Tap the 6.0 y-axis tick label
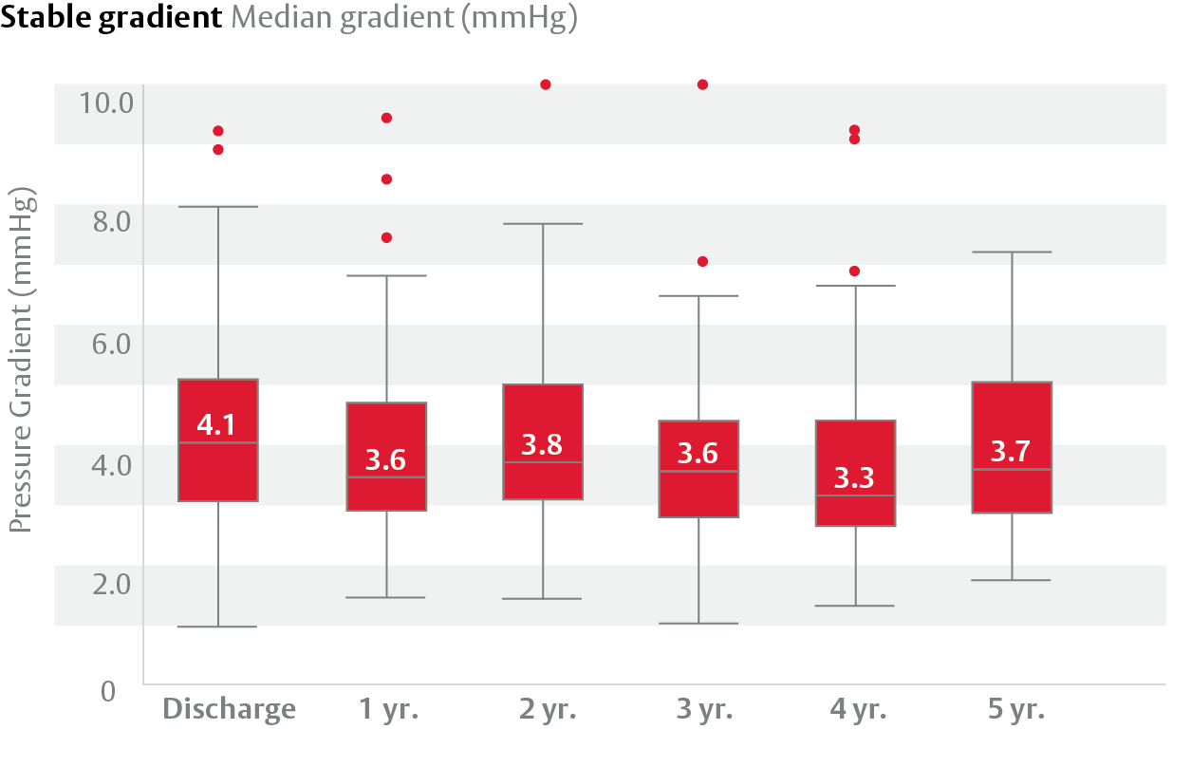click(x=111, y=343)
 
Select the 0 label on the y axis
click(x=108, y=690)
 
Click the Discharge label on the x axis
click(x=229, y=709)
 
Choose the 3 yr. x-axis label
click(x=702, y=709)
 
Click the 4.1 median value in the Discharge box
click(x=217, y=424)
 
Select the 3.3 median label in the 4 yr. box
click(x=855, y=477)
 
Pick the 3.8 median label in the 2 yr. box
click(x=542, y=443)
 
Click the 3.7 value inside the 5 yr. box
click(x=1011, y=451)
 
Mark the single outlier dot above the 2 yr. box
click(x=546, y=84)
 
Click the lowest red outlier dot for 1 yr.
click(x=386, y=237)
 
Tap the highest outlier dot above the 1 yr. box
click(x=386, y=118)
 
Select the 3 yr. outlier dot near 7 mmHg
click(x=702, y=261)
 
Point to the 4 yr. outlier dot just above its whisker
click(x=854, y=271)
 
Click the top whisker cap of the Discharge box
click(x=218, y=206)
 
